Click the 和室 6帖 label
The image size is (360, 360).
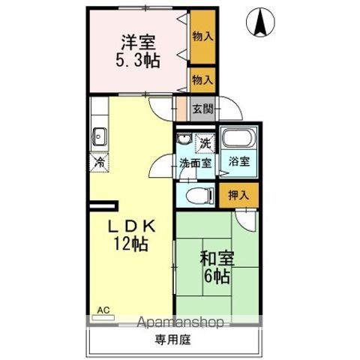pyautogui.click(x=216, y=265)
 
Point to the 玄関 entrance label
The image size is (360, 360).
pyautogui.click(x=202, y=109)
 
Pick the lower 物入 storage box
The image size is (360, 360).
pyautogui.click(x=202, y=79)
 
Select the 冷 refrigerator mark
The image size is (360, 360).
pyautogui.click(x=98, y=160)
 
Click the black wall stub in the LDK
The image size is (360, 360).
pyautogui.click(x=104, y=204)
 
